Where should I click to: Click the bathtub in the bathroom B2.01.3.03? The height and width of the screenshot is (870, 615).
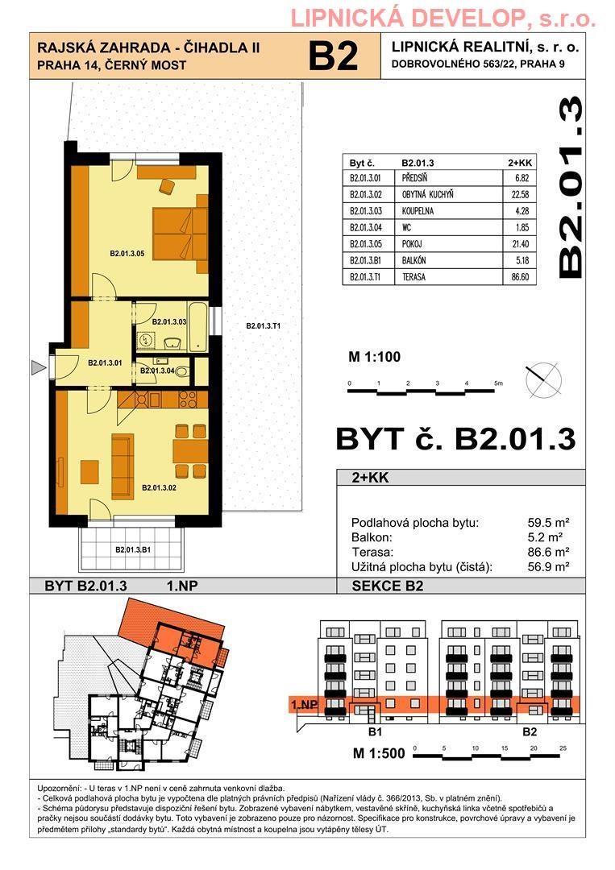click(197, 326)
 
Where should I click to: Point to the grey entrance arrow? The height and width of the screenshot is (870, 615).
click(38, 367)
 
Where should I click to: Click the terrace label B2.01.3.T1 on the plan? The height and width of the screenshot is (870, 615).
click(263, 326)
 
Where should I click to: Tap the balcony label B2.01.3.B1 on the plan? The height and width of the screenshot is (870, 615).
click(133, 550)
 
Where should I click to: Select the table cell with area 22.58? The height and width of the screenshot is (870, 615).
click(520, 194)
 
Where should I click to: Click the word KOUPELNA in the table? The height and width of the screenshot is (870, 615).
click(418, 211)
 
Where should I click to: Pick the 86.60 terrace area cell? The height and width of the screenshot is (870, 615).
click(520, 276)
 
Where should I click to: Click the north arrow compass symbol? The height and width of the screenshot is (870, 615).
click(543, 380)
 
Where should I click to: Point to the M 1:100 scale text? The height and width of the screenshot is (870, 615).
click(374, 357)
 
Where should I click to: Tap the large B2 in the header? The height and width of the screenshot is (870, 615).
click(333, 56)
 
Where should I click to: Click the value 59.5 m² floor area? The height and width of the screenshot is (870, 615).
click(549, 523)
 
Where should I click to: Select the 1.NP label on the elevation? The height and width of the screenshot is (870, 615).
click(304, 705)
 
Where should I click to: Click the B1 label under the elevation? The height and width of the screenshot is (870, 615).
click(376, 731)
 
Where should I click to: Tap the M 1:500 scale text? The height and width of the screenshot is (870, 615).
click(379, 753)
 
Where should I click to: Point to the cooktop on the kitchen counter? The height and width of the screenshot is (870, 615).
click(188, 400)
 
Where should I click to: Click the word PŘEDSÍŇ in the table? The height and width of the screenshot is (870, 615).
click(414, 178)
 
